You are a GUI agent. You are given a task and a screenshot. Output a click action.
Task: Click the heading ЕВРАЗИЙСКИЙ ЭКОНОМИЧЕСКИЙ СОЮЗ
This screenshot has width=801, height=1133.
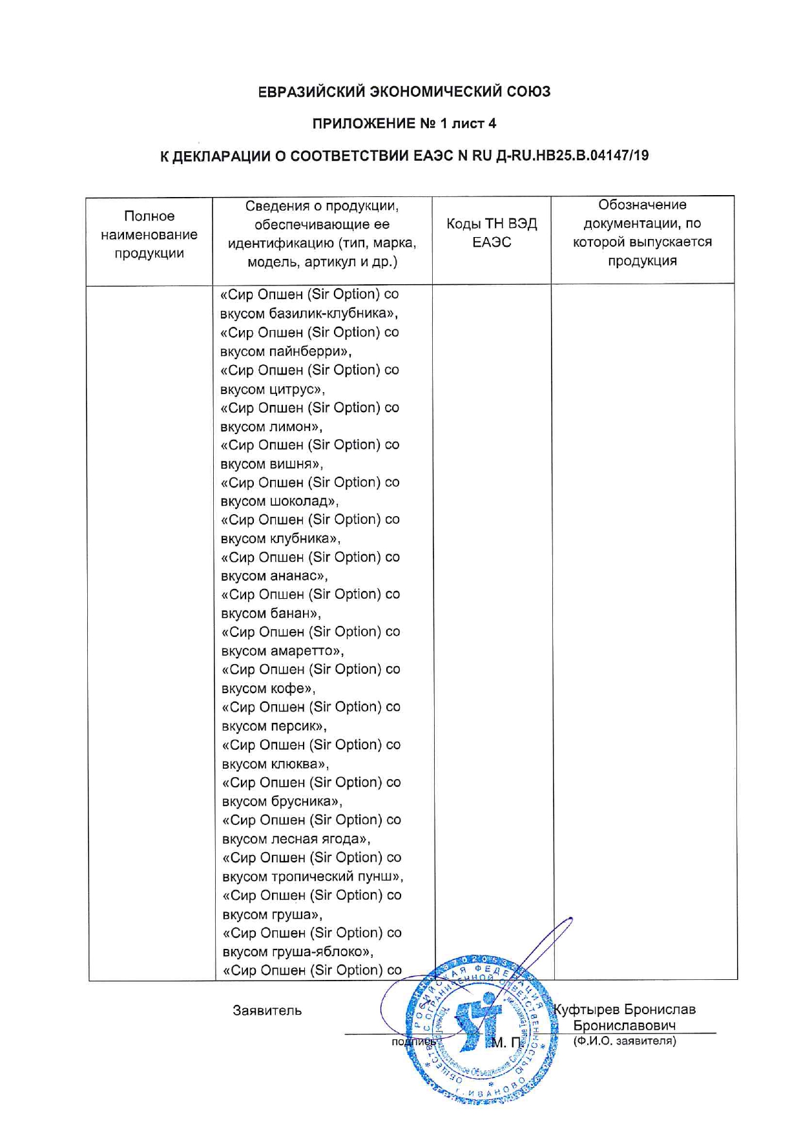pos(404,92)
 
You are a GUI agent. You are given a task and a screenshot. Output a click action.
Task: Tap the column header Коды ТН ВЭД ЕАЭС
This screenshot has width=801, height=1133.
pos(492,233)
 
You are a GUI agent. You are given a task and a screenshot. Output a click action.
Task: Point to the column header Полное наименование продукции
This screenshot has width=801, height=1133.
pos(149,234)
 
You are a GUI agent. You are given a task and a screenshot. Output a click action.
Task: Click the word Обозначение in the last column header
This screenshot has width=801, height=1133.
pos(642,205)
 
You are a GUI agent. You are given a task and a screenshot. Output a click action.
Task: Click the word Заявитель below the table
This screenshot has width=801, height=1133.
pos(267,1010)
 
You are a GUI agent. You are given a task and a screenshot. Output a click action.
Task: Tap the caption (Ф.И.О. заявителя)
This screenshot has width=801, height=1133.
pos(625,1041)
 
